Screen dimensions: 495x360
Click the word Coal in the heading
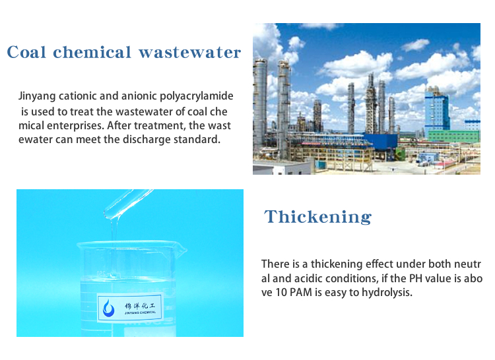tap(26, 52)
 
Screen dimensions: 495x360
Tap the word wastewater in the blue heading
tap(190, 52)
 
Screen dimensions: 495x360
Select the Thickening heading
tap(318, 217)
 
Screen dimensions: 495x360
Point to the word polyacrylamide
tap(197, 96)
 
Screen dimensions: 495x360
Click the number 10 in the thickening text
tap(281, 292)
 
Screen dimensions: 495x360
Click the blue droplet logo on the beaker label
tap(109, 307)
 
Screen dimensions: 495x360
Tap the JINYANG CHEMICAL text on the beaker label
tap(140, 313)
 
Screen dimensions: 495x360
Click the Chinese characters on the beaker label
tap(140, 305)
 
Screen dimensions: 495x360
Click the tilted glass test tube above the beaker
tap(128, 204)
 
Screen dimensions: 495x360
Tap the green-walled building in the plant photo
tap(453, 136)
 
